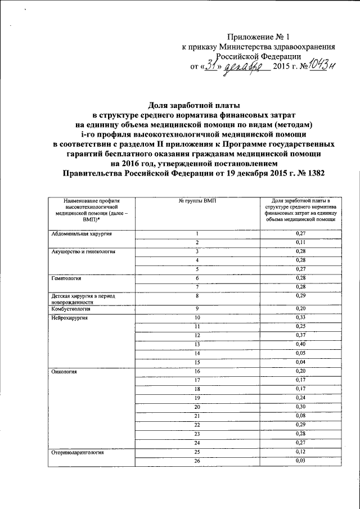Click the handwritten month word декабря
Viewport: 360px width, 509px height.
point(242,67)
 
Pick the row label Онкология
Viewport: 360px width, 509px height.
point(62,372)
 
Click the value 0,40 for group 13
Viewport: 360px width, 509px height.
point(300,344)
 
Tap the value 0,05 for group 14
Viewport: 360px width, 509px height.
point(300,353)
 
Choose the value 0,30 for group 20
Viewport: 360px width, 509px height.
point(300,407)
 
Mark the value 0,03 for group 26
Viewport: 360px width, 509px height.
point(300,461)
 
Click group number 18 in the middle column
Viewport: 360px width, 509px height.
point(197,389)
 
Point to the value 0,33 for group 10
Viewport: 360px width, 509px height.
point(300,318)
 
